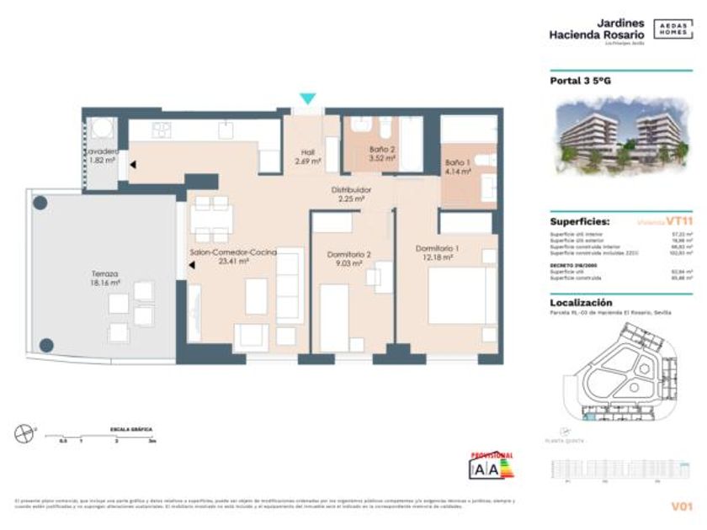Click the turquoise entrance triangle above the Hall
309,98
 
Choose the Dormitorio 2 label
348,258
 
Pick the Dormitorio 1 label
437,252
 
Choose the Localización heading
581,302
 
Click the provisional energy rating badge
491,465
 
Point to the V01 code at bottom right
681,506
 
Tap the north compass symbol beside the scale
23,433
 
